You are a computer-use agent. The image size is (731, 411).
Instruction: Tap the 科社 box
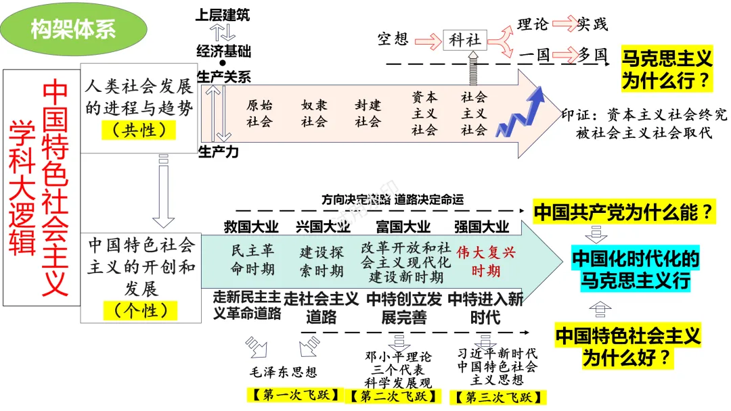[x=465, y=40]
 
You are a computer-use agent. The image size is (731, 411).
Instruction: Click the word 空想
[x=393, y=39]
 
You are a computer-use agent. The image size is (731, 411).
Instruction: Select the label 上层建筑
[x=222, y=14]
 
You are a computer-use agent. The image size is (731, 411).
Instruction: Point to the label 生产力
[x=218, y=152]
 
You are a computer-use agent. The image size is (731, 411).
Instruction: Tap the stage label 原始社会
[x=259, y=114]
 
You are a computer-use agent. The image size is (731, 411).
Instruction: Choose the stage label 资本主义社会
[x=424, y=114]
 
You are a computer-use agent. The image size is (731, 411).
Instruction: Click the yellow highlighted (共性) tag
[x=139, y=130]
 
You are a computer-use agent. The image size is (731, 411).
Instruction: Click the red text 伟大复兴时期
[x=486, y=262]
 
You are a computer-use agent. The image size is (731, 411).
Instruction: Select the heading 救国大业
[x=251, y=226]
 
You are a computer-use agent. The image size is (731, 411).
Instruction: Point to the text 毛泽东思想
[x=284, y=372]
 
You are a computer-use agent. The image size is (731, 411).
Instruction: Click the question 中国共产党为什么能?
[x=623, y=213]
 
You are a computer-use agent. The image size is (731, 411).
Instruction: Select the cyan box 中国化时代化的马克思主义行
[x=636, y=269]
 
